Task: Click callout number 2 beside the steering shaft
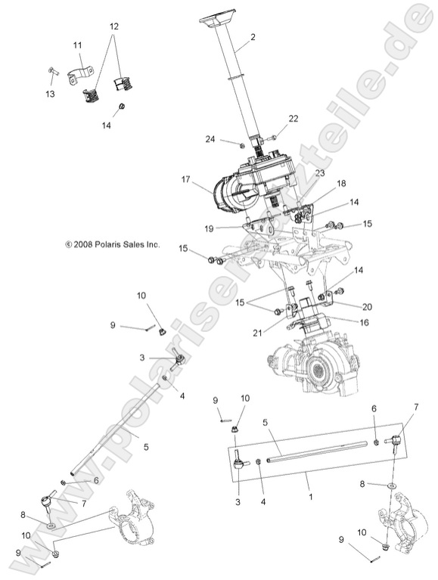pyautogui.click(x=253, y=37)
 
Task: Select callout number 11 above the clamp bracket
pyautogui.click(x=77, y=45)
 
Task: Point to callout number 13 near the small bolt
pyautogui.click(x=50, y=95)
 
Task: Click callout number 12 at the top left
pyautogui.click(x=114, y=26)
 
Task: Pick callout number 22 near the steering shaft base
pyautogui.click(x=294, y=118)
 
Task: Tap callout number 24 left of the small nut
pyautogui.click(x=210, y=138)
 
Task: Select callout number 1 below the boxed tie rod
pyautogui.click(x=308, y=479)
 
